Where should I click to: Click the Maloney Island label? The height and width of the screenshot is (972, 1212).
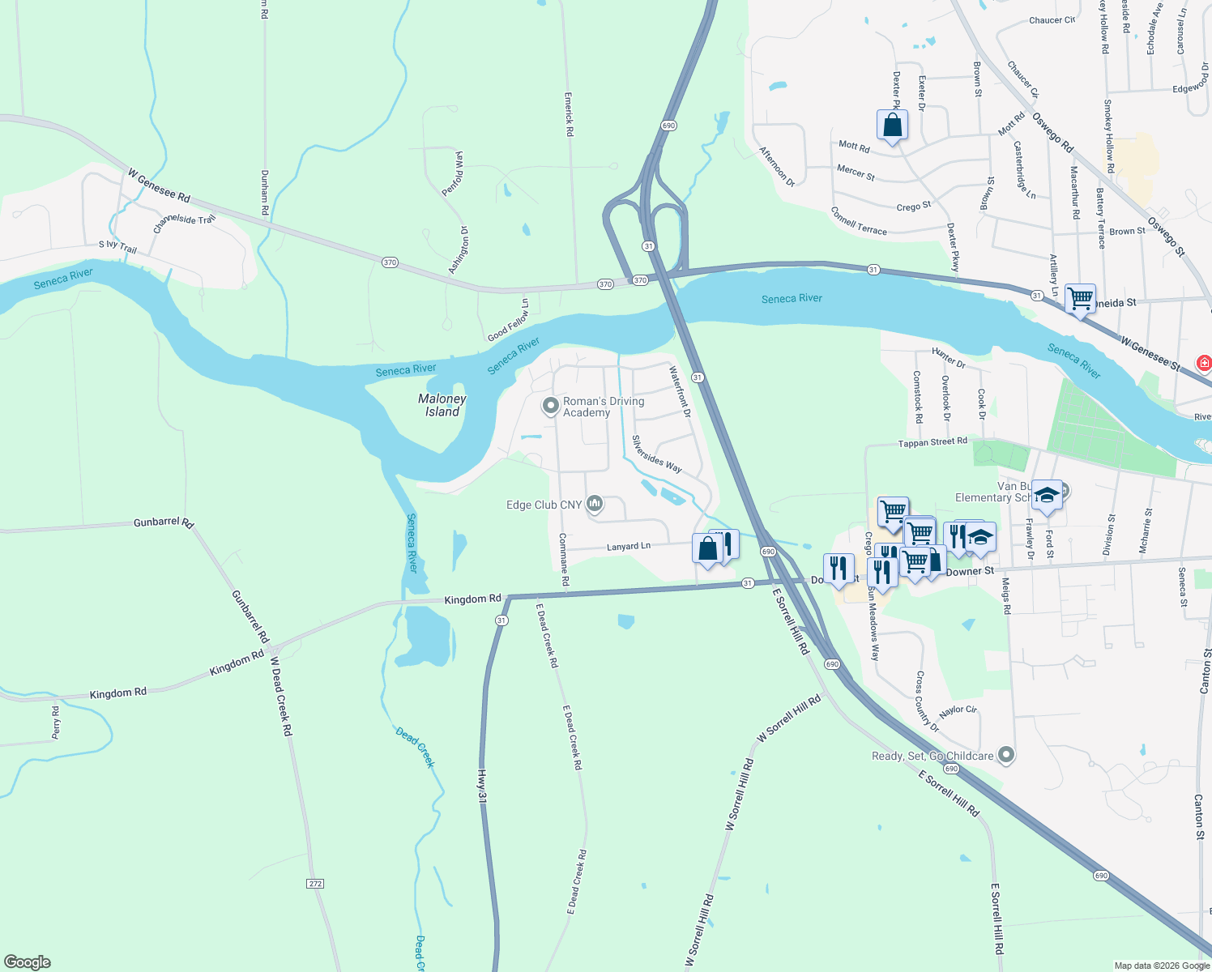pos(442,405)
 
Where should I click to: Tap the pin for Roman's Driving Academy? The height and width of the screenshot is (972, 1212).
pos(551,405)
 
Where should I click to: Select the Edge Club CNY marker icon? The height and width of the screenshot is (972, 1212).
pos(595,505)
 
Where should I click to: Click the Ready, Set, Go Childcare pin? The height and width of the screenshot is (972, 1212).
pos(1006,755)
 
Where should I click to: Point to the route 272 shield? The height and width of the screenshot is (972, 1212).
pos(316,883)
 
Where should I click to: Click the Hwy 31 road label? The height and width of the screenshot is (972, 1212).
pos(482,786)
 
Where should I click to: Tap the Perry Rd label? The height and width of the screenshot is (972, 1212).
pos(56,723)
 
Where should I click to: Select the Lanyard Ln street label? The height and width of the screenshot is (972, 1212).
pos(629,547)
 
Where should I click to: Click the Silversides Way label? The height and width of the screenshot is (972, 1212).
pos(656,454)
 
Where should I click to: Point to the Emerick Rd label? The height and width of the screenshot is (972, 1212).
pos(569,113)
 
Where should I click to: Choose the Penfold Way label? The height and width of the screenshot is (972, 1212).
pos(453,173)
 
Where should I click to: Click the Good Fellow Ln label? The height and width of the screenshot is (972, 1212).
pos(508,321)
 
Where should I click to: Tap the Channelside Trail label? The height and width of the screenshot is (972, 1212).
pos(185,224)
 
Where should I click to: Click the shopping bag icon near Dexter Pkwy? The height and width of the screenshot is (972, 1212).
pos(892,126)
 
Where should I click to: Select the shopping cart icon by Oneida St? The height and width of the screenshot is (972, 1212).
pos(1080,299)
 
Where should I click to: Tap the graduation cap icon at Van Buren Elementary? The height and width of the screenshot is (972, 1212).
pos(1047,495)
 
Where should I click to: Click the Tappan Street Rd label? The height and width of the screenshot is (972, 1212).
pos(932,442)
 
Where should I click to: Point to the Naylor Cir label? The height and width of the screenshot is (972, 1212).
pos(958,710)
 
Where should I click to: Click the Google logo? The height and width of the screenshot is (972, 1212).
pos(28,962)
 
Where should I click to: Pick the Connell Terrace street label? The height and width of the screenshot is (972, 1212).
pos(859,221)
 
